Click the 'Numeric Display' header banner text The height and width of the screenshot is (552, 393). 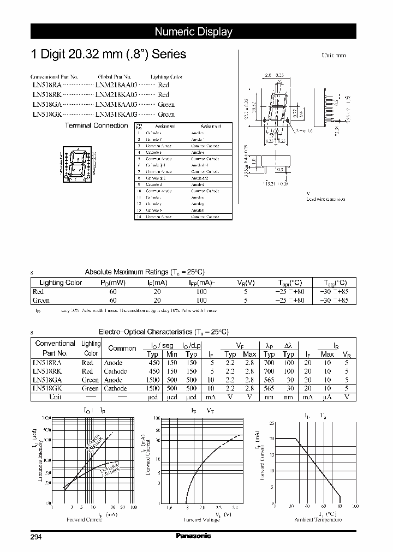tap(193, 32)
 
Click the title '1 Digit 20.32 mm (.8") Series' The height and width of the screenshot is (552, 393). tap(108, 55)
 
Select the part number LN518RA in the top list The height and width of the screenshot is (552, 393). tap(46, 86)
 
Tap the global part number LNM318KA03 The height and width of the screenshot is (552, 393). tap(116, 114)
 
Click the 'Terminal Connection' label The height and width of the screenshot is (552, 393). tap(96, 125)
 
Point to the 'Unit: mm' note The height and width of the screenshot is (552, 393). tap(334, 56)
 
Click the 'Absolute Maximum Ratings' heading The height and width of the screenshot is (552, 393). tap(144, 272)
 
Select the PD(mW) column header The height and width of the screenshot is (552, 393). tap(113, 283)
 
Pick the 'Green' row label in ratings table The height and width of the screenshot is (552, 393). tap(41, 300)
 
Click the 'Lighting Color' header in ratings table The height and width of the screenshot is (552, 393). tap(61, 283)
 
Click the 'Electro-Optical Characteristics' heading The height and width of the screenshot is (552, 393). tap(163, 332)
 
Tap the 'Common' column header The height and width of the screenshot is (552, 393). tap(122, 348)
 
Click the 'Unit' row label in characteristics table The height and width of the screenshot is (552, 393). tap(55, 397)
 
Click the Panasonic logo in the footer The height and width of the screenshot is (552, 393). tap(193, 536)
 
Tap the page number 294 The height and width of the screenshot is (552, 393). tap(36, 537)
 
